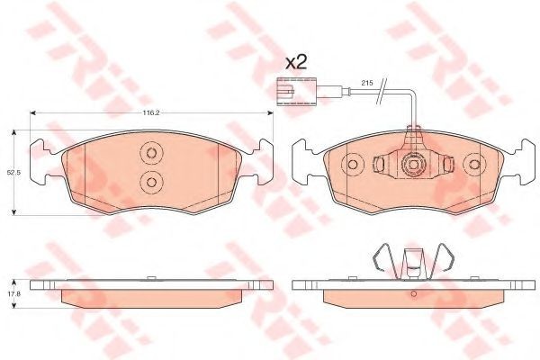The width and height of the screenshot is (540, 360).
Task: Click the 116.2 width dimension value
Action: coord(150,112)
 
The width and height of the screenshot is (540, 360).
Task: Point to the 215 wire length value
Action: coord(365,83)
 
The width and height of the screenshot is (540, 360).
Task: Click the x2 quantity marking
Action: coord(296,63)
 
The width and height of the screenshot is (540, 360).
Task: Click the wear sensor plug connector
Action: coord(295,91)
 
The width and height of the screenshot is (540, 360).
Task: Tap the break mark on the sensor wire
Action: coord(382,91)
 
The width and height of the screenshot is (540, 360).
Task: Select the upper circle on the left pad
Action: coord(152,152)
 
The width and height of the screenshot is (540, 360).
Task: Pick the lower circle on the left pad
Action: coord(152,181)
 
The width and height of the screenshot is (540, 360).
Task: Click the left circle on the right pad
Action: coord(352,165)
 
